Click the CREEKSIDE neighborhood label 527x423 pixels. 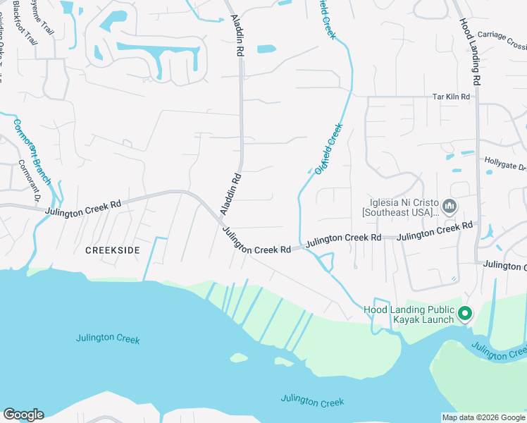[x=112, y=250]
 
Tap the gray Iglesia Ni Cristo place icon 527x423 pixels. [x=451, y=207]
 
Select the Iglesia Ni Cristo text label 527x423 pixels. [x=399, y=207]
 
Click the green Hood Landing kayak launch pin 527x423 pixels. [x=465, y=313]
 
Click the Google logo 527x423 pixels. [x=23, y=415]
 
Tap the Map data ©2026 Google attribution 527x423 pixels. [x=483, y=417]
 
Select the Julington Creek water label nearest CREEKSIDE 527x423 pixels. [x=108, y=339]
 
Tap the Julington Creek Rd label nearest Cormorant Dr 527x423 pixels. [x=83, y=208]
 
